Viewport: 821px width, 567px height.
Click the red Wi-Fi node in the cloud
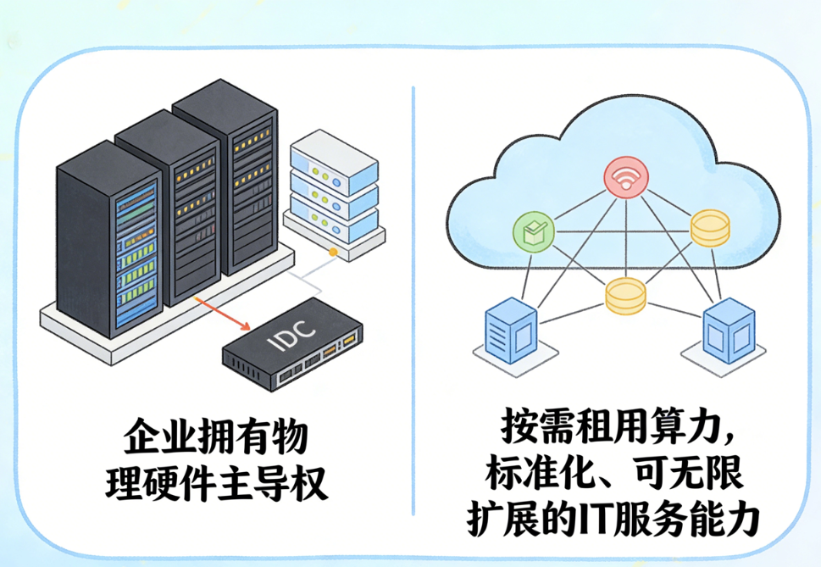[625, 178]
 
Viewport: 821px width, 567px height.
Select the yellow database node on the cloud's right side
[709, 230]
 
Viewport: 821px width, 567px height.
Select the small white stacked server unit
[332, 183]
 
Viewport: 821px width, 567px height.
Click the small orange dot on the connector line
[333, 253]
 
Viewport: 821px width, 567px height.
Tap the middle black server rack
[169, 212]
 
